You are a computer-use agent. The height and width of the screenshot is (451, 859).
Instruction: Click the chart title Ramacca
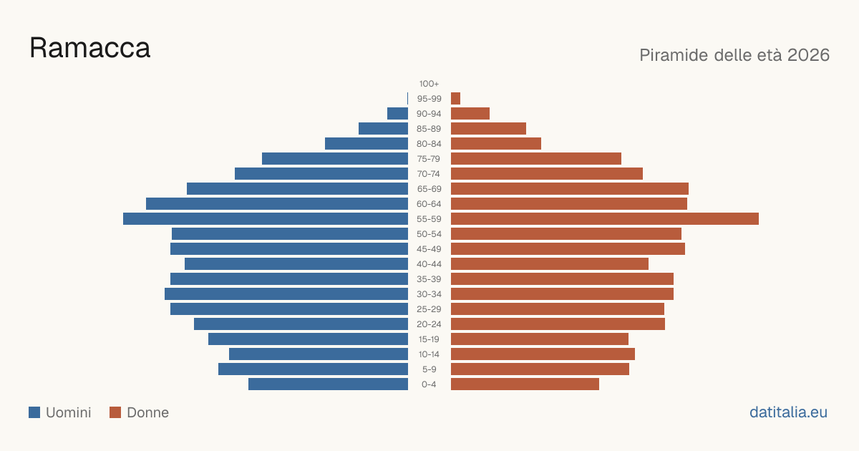(89, 48)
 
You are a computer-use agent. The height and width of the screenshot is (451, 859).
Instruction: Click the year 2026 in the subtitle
(808, 55)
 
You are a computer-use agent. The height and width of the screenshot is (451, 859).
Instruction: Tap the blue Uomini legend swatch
(34, 412)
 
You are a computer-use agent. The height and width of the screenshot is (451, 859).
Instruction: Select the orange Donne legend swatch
(115, 412)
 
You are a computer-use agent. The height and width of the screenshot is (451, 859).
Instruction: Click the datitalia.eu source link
(788, 412)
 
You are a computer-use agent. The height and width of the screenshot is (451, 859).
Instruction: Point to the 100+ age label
(429, 84)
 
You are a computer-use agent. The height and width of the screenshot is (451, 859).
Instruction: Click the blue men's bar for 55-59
(266, 218)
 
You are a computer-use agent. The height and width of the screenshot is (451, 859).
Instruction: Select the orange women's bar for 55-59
(605, 218)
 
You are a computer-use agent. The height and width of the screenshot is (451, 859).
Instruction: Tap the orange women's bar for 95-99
(455, 99)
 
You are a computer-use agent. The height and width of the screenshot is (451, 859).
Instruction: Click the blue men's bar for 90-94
(398, 114)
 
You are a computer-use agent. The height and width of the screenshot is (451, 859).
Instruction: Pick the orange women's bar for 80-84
(496, 143)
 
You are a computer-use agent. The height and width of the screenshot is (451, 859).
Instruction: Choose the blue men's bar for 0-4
(329, 384)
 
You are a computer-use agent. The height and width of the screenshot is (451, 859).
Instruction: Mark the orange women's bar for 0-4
(525, 384)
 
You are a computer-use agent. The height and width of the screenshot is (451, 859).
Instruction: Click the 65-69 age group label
(429, 189)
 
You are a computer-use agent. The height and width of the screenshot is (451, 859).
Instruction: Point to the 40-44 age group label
(429, 264)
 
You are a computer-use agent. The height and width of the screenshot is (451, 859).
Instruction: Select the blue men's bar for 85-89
(384, 128)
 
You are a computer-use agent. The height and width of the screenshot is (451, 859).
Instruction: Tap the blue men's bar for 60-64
(277, 203)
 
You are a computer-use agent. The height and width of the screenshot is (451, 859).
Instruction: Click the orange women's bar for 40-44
(550, 264)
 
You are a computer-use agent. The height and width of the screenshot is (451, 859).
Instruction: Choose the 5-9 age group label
(429, 369)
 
